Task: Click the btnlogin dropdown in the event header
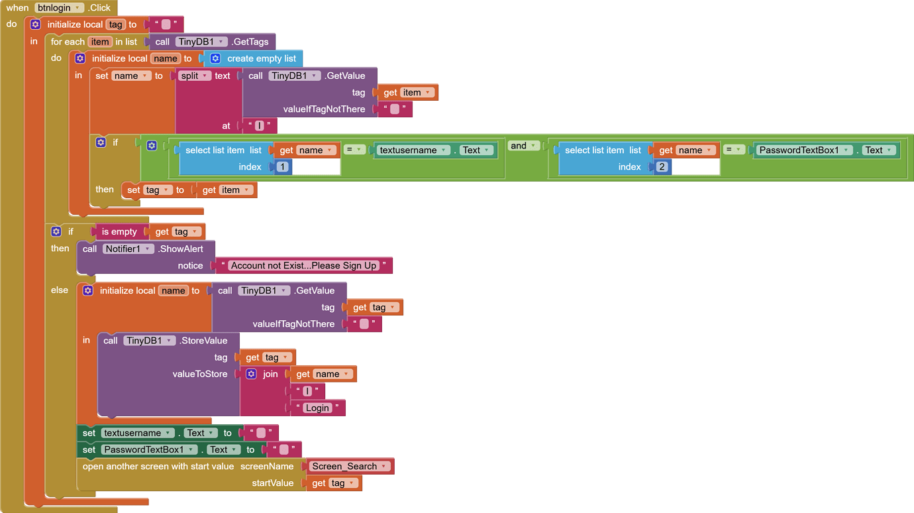(59, 8)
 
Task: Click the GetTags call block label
(250, 42)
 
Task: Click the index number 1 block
(282, 166)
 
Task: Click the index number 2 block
(662, 166)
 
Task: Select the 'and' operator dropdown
(523, 146)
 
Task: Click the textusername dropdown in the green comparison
(413, 150)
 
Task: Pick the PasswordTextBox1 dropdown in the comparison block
(804, 150)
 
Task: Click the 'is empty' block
(119, 231)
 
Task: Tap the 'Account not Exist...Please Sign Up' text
(303, 266)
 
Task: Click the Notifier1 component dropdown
(128, 249)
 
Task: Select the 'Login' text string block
(318, 408)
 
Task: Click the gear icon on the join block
(252, 374)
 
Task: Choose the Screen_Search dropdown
(349, 467)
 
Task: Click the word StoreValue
(205, 341)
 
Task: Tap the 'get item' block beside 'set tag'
(226, 190)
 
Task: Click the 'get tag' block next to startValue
(333, 483)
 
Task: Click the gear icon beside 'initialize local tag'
(36, 25)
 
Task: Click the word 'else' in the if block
(60, 290)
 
